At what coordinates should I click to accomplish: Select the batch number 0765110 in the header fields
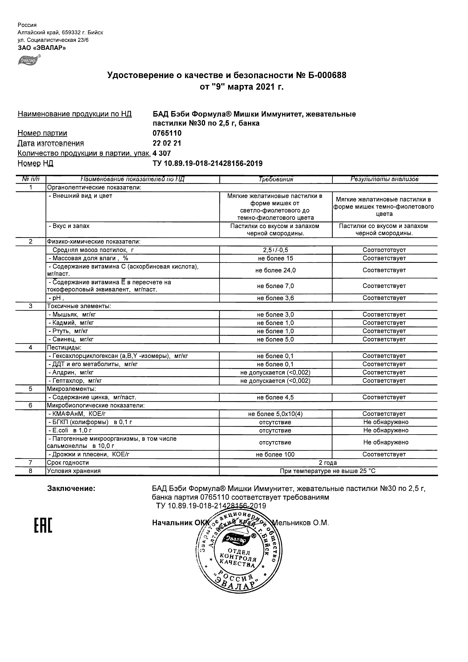pyautogui.click(x=167, y=133)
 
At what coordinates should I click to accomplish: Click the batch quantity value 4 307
pyautogui.click(x=162, y=153)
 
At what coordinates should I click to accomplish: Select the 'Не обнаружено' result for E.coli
pyautogui.click(x=386, y=431)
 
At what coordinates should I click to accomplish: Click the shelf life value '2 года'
pyautogui.click(x=328, y=463)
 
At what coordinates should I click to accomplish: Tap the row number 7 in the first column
pyautogui.click(x=31, y=463)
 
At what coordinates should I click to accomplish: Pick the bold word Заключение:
pyautogui.click(x=71, y=488)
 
